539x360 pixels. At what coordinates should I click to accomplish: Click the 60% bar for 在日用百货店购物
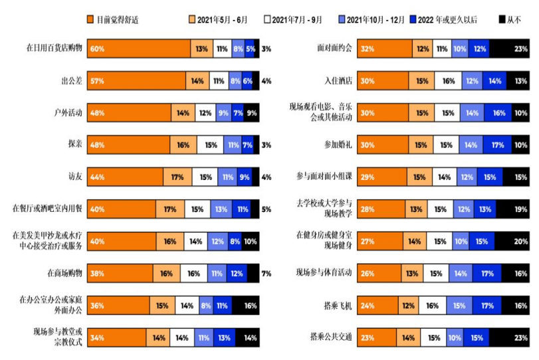[139, 48]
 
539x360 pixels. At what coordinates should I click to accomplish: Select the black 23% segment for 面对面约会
[509, 48]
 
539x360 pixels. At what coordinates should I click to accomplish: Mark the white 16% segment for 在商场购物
[193, 272]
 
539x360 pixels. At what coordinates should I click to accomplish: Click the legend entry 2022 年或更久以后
[447, 20]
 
